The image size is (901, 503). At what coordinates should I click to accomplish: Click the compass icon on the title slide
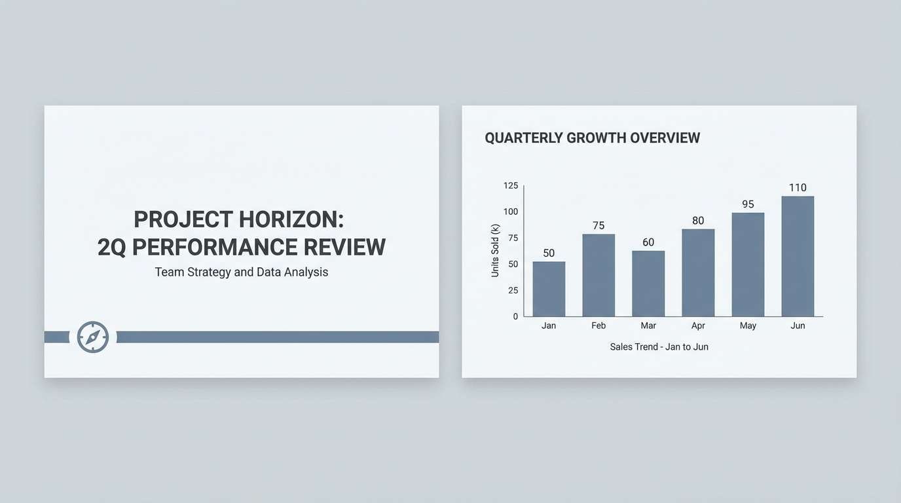click(93, 337)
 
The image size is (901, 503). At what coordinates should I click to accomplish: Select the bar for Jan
click(549, 289)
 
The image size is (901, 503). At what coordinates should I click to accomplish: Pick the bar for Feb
click(598, 275)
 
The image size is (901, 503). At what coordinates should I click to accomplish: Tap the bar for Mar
click(648, 284)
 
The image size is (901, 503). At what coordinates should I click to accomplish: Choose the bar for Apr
click(698, 272)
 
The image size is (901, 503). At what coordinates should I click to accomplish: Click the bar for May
click(748, 265)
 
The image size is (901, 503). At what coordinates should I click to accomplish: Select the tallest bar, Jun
click(798, 256)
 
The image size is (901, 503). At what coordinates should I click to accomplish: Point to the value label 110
click(798, 188)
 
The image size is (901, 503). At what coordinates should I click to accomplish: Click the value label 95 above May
click(748, 204)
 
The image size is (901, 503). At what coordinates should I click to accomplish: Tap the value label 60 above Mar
click(648, 242)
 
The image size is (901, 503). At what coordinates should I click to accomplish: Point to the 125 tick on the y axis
click(511, 186)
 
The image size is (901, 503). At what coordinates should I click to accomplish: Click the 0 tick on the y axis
click(515, 316)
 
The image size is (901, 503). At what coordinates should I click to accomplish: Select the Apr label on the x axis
click(698, 326)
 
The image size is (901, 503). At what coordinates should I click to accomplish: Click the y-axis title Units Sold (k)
click(495, 250)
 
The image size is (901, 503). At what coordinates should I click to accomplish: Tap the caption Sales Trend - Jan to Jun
click(659, 346)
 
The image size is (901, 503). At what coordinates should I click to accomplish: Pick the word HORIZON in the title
click(291, 219)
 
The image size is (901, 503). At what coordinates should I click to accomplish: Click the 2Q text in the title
click(112, 247)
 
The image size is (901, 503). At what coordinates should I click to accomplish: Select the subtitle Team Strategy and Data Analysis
click(241, 272)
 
